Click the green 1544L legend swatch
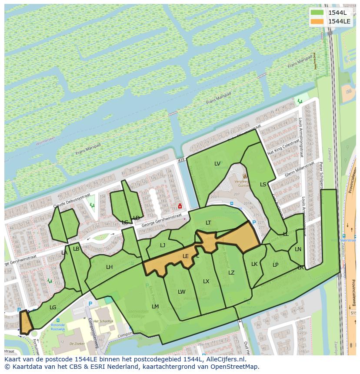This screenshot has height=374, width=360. [317, 13]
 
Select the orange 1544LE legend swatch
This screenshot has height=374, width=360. [317, 21]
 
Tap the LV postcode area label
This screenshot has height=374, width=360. [217, 164]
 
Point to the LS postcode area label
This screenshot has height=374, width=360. [263, 185]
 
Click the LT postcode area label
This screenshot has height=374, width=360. [208, 223]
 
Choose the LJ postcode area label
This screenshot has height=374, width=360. [163, 245]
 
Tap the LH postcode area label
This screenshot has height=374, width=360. [109, 267]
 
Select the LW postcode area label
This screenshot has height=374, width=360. [181, 292]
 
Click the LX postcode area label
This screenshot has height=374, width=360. [206, 281]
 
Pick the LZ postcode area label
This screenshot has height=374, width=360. [231, 273]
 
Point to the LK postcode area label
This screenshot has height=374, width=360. [254, 264]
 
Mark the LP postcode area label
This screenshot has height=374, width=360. [275, 265]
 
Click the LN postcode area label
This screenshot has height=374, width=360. [298, 249]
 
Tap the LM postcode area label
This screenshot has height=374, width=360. [155, 307]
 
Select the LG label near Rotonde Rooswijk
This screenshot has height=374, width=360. [53, 308]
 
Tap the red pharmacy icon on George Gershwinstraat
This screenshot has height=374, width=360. [180, 206]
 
